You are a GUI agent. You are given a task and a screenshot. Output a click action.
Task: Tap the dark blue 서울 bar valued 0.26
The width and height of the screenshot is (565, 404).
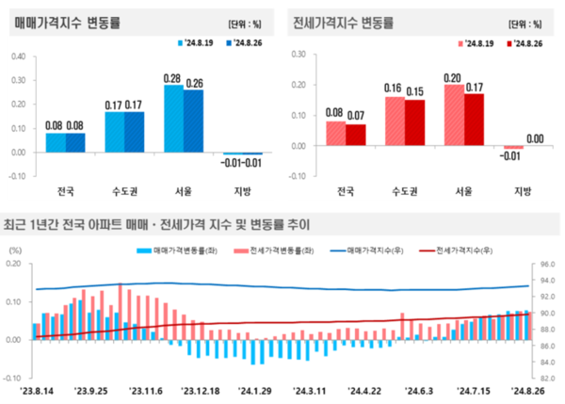(x=193, y=121)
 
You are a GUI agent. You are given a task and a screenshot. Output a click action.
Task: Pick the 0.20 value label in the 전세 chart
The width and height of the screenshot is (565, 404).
(x=453, y=77)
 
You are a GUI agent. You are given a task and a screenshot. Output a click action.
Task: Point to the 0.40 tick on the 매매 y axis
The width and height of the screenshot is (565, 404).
(x=18, y=57)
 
